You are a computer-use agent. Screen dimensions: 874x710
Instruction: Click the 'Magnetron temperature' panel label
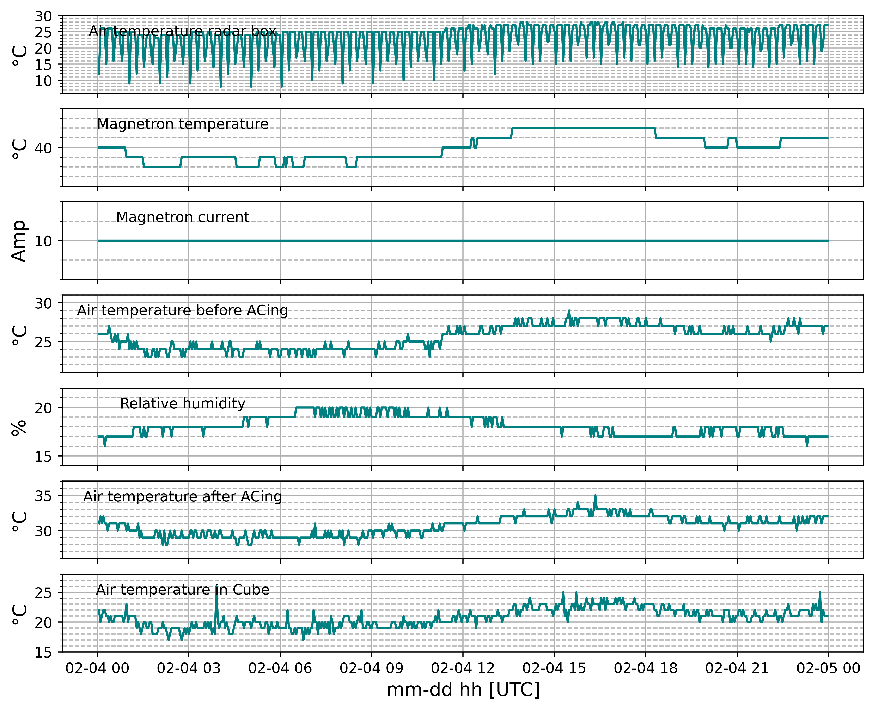coord(183,124)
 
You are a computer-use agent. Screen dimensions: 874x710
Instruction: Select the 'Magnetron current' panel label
coord(183,217)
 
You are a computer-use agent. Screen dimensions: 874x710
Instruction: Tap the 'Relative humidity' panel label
coord(183,404)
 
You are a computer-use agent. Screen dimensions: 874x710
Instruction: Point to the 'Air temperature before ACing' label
coord(183,310)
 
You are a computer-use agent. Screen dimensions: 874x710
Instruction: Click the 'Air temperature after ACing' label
coord(183,497)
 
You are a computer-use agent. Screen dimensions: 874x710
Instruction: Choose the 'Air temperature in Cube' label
coord(183,590)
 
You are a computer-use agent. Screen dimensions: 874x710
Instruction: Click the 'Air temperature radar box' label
coord(183,31)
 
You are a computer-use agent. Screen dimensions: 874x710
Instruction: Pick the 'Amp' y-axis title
coord(19,241)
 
